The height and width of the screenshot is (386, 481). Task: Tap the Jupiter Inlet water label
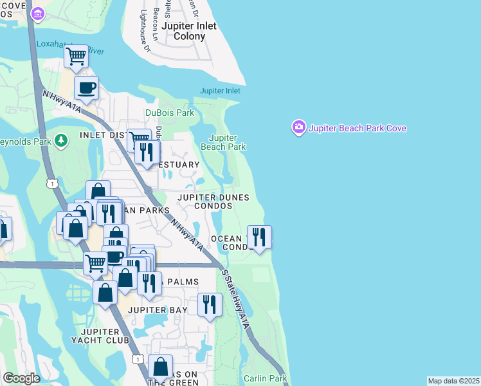tap(220, 91)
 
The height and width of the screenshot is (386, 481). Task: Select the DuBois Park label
tap(169, 113)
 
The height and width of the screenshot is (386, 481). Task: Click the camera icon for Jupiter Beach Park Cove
tap(298, 127)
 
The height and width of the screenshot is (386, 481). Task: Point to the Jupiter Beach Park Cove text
tap(358, 128)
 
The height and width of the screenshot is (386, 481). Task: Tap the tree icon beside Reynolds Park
tap(61, 140)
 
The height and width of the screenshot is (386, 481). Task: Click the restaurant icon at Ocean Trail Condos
tap(259, 237)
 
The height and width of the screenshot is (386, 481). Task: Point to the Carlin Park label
tap(266, 378)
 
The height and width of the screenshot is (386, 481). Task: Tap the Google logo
tap(21, 378)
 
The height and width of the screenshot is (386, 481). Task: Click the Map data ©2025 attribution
tap(453, 381)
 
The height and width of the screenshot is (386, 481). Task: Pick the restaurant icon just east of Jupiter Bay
tap(210, 304)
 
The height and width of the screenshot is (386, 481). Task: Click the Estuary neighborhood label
tap(179, 165)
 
